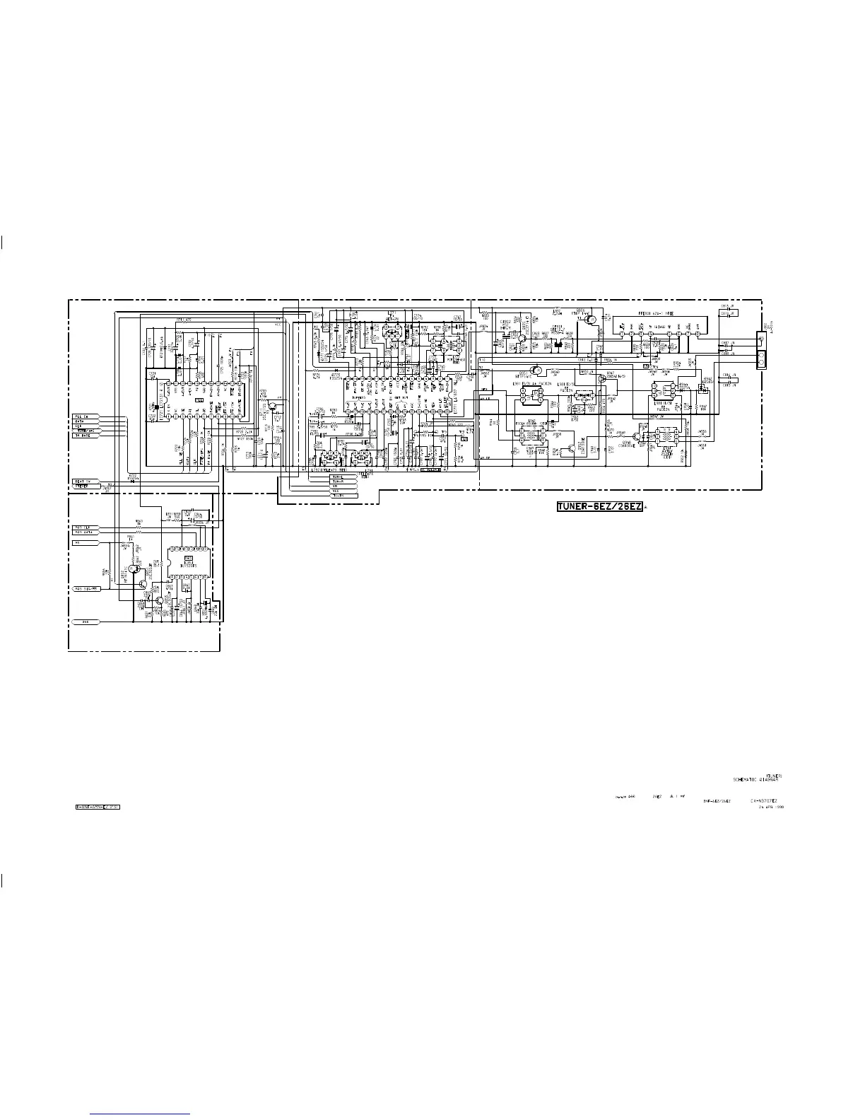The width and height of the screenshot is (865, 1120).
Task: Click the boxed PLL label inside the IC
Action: tap(199, 401)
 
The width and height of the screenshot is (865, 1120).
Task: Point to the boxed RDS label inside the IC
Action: tap(189, 559)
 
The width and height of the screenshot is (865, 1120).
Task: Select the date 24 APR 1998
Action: tap(770, 807)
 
